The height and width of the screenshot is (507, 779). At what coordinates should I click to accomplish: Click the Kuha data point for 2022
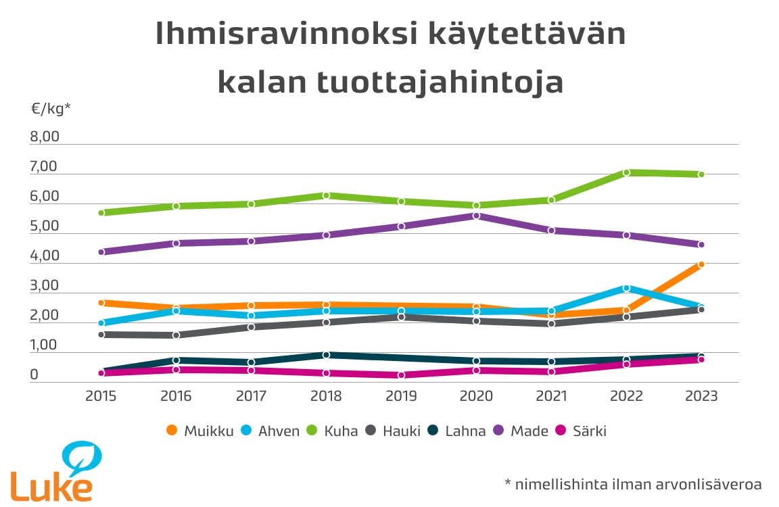click(x=626, y=172)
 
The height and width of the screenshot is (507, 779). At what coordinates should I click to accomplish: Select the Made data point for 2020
click(x=476, y=216)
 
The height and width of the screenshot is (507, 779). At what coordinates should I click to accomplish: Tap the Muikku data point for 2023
click(x=701, y=264)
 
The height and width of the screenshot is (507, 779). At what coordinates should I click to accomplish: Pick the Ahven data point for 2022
click(x=626, y=288)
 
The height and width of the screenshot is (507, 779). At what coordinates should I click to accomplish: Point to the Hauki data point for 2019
click(x=401, y=316)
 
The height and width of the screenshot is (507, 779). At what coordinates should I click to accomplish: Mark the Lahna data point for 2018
click(x=326, y=354)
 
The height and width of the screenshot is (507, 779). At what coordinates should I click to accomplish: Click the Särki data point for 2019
click(x=401, y=375)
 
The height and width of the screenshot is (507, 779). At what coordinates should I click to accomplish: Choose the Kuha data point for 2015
click(x=101, y=212)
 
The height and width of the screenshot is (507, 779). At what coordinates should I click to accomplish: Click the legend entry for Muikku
click(x=200, y=431)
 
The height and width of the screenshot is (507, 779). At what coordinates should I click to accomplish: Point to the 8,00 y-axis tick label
click(x=45, y=137)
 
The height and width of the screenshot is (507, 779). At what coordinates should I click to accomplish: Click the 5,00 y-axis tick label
click(x=45, y=226)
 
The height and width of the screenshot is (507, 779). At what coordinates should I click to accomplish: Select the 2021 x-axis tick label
click(x=551, y=396)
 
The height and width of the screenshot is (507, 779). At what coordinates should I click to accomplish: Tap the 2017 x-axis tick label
click(x=251, y=396)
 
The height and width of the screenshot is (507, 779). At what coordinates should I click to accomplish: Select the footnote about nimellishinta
click(x=633, y=484)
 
